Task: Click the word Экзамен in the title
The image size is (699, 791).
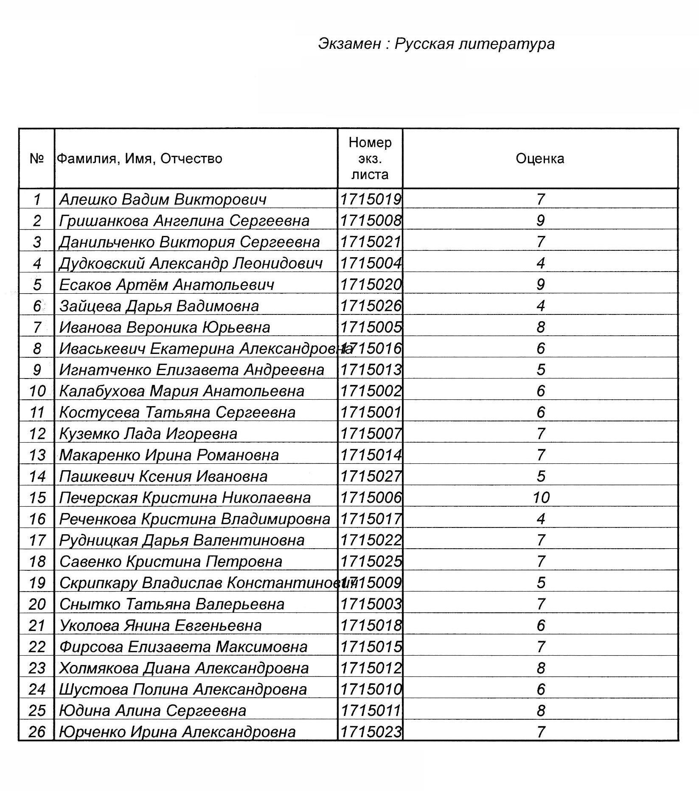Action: [x=349, y=44]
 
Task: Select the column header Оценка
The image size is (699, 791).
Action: [x=540, y=159]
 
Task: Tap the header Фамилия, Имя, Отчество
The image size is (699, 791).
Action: [x=140, y=159]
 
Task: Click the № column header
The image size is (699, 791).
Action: [x=37, y=159]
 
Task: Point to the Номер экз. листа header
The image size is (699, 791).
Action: [x=370, y=159]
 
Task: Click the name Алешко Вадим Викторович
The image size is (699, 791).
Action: [x=163, y=199]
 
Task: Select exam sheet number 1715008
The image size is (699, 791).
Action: [x=371, y=221]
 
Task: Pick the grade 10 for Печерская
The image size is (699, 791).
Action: [x=541, y=497]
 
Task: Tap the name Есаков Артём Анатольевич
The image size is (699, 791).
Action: [x=166, y=285]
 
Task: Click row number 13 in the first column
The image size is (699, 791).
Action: [x=37, y=455]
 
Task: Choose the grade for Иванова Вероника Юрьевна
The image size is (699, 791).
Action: [x=541, y=327]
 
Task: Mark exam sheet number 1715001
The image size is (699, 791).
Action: [x=371, y=412]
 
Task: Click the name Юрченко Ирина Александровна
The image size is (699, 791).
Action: [x=177, y=732]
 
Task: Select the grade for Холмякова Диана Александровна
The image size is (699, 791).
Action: [x=541, y=668]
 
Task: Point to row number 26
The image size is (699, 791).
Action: [x=37, y=732]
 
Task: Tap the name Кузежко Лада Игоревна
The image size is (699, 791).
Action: [x=148, y=434]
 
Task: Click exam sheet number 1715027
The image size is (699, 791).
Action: [x=371, y=476]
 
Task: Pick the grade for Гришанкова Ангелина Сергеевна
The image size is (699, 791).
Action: [x=541, y=221]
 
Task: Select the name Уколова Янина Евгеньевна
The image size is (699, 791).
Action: [x=160, y=626]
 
